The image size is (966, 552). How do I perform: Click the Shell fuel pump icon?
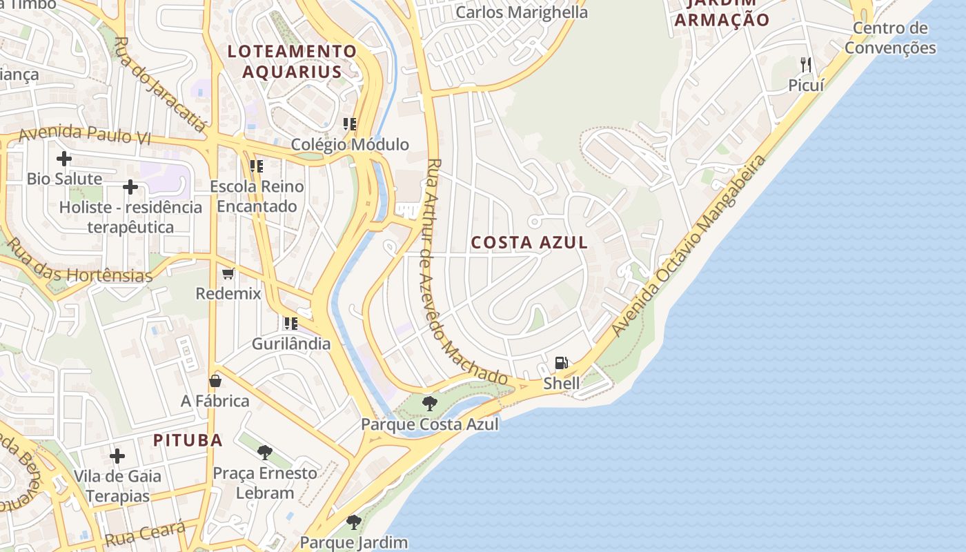pos(562,363)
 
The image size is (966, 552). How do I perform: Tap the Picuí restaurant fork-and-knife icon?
pos(806,65)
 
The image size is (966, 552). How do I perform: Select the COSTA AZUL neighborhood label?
pos(529,242)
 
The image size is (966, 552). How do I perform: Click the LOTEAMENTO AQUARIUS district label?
pos(292,61)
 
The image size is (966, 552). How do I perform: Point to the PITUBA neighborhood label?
pos(188,440)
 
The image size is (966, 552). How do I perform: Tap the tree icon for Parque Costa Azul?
pos(429,404)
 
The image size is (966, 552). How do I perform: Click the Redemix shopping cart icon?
pos(228,274)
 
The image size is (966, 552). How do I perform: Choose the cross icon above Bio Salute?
pos(64,159)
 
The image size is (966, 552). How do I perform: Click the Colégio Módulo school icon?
pos(350,124)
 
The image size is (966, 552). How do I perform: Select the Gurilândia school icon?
pos(290,323)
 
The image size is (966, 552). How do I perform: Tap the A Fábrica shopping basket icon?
pos(215,381)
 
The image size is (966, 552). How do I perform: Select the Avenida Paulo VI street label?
pos(84,135)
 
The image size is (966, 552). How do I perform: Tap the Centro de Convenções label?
pos(890,38)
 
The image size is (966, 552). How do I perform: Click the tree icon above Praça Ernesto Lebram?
pos(264,453)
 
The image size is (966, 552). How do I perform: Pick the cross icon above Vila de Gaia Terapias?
pos(117,456)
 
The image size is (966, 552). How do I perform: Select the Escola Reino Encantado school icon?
pos(257,166)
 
